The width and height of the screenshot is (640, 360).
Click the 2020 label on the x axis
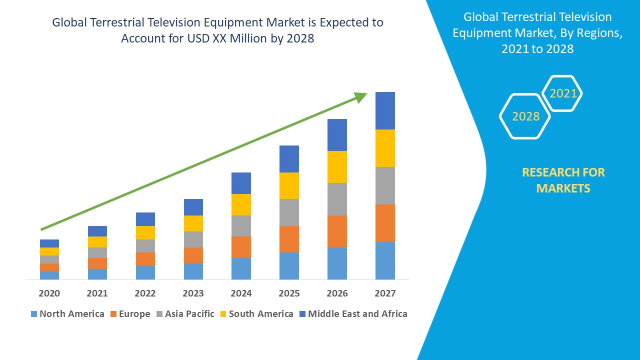click(49, 293)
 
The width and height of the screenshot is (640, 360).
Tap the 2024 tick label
click(241, 293)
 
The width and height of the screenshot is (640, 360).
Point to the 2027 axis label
click(385, 293)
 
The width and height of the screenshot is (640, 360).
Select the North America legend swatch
click(34, 314)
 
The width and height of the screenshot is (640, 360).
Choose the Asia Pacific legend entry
click(185, 314)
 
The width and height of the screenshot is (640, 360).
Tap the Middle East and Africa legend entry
click(352, 314)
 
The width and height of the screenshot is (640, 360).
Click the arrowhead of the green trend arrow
click(361, 96)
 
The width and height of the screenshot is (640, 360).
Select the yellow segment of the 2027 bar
click(385, 148)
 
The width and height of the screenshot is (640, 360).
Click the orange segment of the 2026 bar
click(337, 231)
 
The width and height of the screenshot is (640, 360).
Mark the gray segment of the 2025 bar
click(289, 212)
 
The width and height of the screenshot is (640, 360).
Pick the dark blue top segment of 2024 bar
click(241, 183)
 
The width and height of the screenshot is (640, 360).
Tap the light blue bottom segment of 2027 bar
click(385, 260)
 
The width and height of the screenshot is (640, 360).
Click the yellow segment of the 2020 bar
click(49, 251)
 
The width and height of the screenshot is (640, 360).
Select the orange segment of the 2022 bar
click(145, 259)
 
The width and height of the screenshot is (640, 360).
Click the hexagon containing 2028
click(525, 116)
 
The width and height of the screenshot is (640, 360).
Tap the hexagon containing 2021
click(563, 93)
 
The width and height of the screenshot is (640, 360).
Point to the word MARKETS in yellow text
click(563, 188)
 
